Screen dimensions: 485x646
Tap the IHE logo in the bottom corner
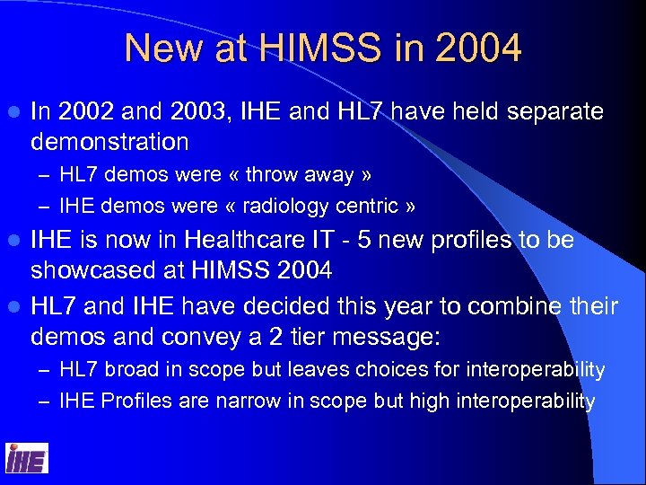(26, 458)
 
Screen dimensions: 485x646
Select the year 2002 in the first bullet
(87, 112)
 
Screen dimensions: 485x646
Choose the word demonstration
(109, 141)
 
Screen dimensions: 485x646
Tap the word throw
(273, 175)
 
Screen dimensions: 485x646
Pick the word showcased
(92, 269)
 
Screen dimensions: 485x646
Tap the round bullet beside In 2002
(11, 113)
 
